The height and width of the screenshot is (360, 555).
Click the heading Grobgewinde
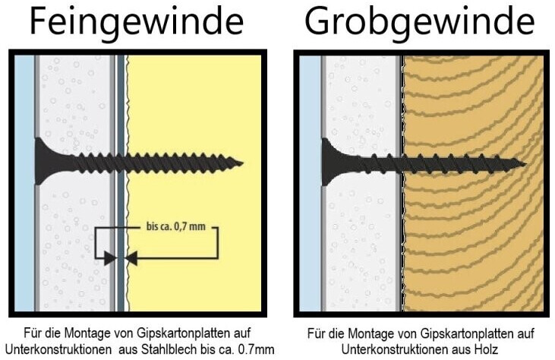[x=420, y=23]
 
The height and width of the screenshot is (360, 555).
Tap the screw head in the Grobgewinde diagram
[x=330, y=159]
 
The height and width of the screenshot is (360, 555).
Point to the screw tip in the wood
[x=523, y=162]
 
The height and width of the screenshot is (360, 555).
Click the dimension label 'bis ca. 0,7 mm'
[x=175, y=226]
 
